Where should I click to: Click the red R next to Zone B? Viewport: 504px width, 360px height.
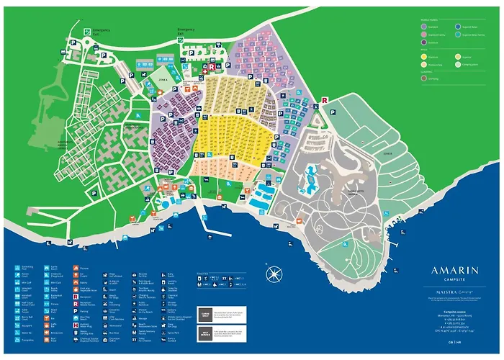click(325, 101)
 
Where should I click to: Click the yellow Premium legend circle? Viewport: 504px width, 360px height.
click(423, 55)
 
